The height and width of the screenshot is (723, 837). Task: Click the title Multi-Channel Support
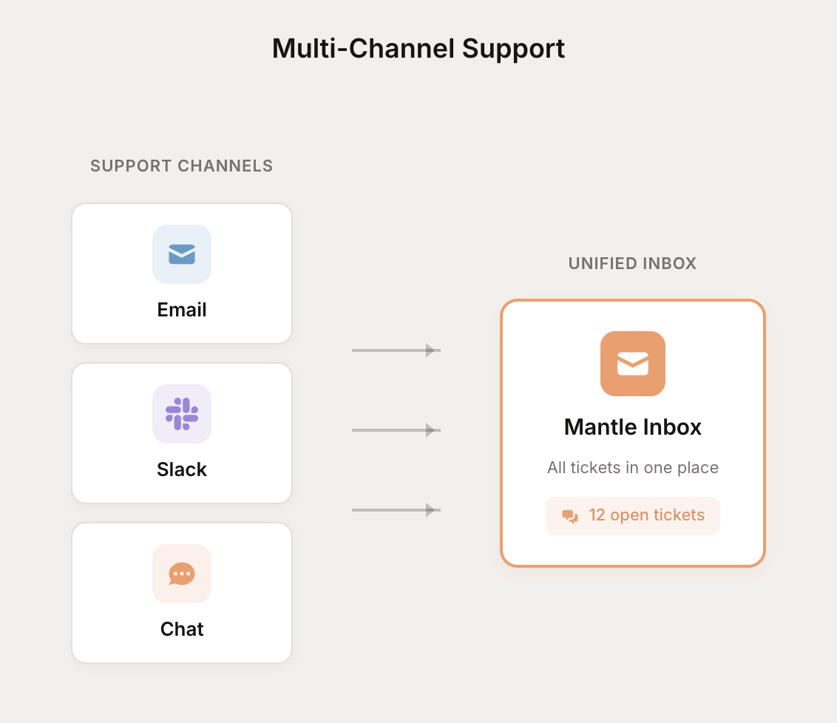pyautogui.click(x=418, y=48)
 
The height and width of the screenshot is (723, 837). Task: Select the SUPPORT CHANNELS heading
pyautogui.click(x=182, y=166)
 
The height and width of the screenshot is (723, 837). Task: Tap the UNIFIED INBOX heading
pyautogui.click(x=632, y=264)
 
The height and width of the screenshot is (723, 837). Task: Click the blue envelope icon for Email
pyautogui.click(x=182, y=254)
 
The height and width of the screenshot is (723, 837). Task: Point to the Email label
pyautogui.click(x=182, y=310)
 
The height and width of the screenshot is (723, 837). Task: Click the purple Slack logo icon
pyautogui.click(x=182, y=414)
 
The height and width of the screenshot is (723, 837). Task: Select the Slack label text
pyautogui.click(x=182, y=469)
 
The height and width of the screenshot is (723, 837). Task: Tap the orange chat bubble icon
pyautogui.click(x=182, y=574)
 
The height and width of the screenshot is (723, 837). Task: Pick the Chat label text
pyautogui.click(x=182, y=629)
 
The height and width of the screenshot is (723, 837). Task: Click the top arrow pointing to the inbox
pyautogui.click(x=396, y=350)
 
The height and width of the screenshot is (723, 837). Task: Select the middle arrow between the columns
pyautogui.click(x=396, y=430)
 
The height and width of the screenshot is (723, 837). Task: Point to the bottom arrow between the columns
pyautogui.click(x=396, y=510)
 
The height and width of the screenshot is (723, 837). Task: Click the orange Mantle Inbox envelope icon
pyautogui.click(x=633, y=364)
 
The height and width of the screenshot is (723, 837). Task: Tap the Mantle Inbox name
pyautogui.click(x=633, y=427)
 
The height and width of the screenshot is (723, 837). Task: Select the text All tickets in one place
pyautogui.click(x=633, y=468)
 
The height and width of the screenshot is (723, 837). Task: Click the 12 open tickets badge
pyautogui.click(x=633, y=516)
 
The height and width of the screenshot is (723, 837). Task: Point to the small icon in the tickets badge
pyautogui.click(x=570, y=516)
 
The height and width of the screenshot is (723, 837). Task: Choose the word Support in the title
pyautogui.click(x=514, y=48)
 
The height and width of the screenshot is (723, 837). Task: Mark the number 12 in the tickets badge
pyautogui.click(x=597, y=515)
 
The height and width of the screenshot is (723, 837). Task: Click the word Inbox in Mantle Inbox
pyautogui.click(x=672, y=427)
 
